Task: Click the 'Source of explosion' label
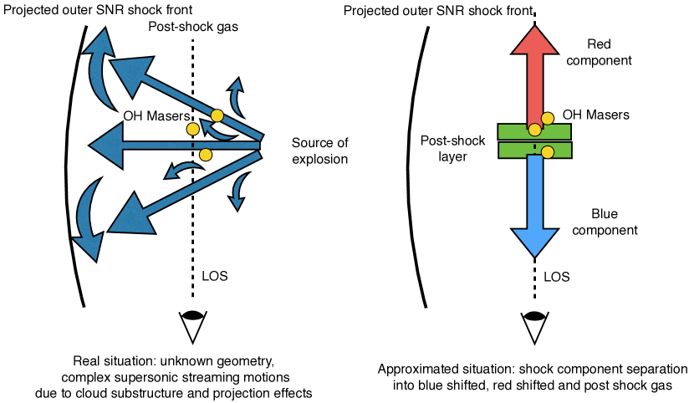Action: [x=319, y=150]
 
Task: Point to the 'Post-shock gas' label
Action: [x=192, y=28]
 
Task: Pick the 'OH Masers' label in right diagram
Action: [x=595, y=115]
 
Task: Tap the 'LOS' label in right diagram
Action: [x=558, y=274]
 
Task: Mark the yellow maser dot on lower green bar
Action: [x=548, y=151]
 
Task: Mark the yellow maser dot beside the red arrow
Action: [x=549, y=118]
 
